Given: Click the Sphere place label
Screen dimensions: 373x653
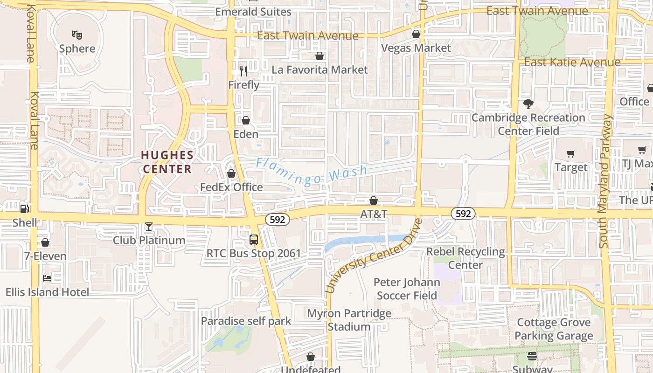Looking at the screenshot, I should [77, 48].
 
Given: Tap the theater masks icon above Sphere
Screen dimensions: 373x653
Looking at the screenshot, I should [77, 35].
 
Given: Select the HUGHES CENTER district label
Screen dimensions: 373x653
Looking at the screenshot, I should [167, 162].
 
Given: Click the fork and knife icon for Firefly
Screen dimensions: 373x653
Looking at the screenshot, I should [243, 71].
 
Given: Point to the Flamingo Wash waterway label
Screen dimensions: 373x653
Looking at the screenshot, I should [312, 171].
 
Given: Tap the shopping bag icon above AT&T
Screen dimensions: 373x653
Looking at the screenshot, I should [373, 200].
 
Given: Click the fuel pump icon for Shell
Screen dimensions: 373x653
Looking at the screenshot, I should [25, 209].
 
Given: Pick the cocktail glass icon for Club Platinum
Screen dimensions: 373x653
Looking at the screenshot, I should [149, 227].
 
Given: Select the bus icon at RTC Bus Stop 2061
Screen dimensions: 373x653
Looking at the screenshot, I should [254, 240].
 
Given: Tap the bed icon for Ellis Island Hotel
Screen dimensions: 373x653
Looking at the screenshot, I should [47, 278].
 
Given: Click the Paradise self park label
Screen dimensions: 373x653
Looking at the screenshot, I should [246, 321].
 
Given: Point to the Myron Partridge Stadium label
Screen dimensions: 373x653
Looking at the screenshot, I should [349, 320].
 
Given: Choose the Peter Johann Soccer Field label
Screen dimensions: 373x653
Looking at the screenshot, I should [407, 289].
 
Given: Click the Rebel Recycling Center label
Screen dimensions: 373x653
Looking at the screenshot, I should [465, 258].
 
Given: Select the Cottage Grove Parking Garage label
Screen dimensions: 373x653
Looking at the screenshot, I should [554, 329].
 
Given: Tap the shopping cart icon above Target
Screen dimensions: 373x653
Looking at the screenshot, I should [571, 153].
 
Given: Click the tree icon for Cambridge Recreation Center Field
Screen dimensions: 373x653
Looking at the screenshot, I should [528, 104].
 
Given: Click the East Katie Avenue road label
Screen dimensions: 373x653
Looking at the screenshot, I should [572, 62].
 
